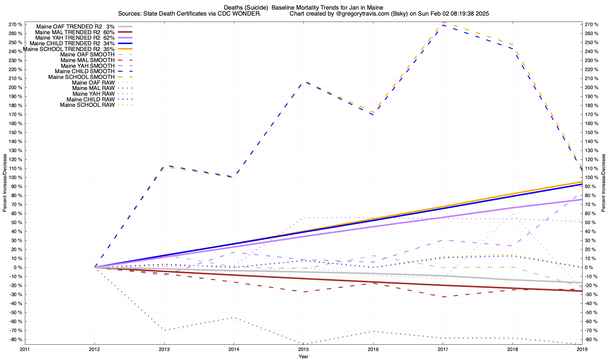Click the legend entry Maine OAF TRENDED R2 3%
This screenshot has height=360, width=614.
75,26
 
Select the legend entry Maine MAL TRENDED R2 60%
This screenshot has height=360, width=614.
75,32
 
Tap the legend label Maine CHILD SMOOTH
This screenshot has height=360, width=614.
85,71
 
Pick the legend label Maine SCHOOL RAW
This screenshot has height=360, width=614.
87,105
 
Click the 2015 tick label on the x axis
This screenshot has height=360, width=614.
303,349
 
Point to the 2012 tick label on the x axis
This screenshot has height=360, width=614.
94,349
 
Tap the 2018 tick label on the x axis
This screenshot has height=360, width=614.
512,349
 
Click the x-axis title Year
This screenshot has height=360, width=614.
303,356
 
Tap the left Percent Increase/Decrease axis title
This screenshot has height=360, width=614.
5,183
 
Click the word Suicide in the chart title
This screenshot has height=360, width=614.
257,7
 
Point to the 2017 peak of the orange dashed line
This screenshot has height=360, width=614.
443,22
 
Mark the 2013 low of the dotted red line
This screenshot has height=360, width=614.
165,330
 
